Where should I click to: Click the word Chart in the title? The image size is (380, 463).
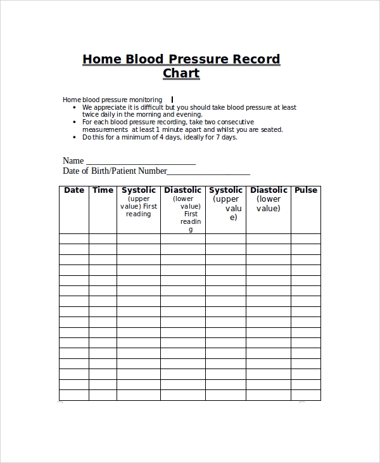click(x=181, y=73)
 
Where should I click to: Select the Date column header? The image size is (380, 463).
click(x=74, y=190)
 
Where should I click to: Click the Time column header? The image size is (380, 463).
click(x=103, y=190)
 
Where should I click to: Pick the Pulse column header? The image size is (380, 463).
click(x=306, y=190)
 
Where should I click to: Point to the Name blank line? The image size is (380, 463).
click(x=140, y=162)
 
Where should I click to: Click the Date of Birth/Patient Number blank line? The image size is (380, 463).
click(x=208, y=172)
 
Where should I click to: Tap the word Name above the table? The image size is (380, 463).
click(x=73, y=160)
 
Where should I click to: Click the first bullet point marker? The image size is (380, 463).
click(x=76, y=108)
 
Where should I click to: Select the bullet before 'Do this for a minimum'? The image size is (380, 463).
click(x=76, y=137)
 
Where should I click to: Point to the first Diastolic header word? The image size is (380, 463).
click(x=182, y=190)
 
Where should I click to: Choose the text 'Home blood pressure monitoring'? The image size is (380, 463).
click(x=112, y=100)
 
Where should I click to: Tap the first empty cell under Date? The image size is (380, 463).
click(x=74, y=239)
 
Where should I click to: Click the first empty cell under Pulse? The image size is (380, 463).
click(x=306, y=239)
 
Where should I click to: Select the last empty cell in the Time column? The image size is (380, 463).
click(x=103, y=395)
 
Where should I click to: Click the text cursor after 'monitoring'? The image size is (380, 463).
click(x=172, y=100)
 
